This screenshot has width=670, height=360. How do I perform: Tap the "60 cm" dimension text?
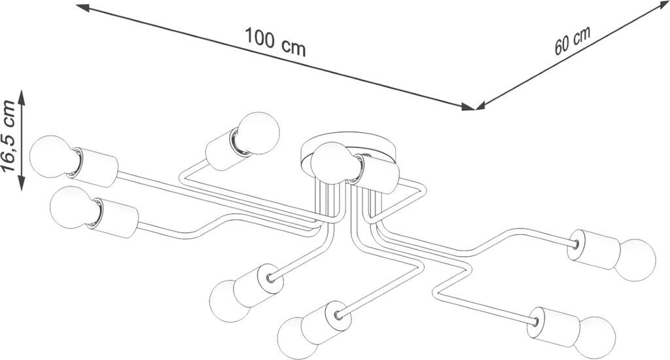(x=573, y=41)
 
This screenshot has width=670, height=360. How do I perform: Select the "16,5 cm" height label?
(x=9, y=136)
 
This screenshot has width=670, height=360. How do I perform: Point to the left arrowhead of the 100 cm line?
(x=83, y=8)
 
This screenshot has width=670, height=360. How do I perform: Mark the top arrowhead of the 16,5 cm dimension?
(x=22, y=96)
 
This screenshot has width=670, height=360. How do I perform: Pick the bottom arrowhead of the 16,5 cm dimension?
(x=22, y=184)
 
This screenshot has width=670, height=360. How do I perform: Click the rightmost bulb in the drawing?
(x=635, y=260)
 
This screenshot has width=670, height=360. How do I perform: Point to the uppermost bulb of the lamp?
(x=258, y=133)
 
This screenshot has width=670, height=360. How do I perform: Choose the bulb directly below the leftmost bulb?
(x=71, y=207)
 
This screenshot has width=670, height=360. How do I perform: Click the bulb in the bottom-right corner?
(x=595, y=337)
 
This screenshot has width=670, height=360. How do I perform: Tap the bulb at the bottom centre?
(x=297, y=338)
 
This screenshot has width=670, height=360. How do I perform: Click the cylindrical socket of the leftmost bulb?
(x=94, y=167)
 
